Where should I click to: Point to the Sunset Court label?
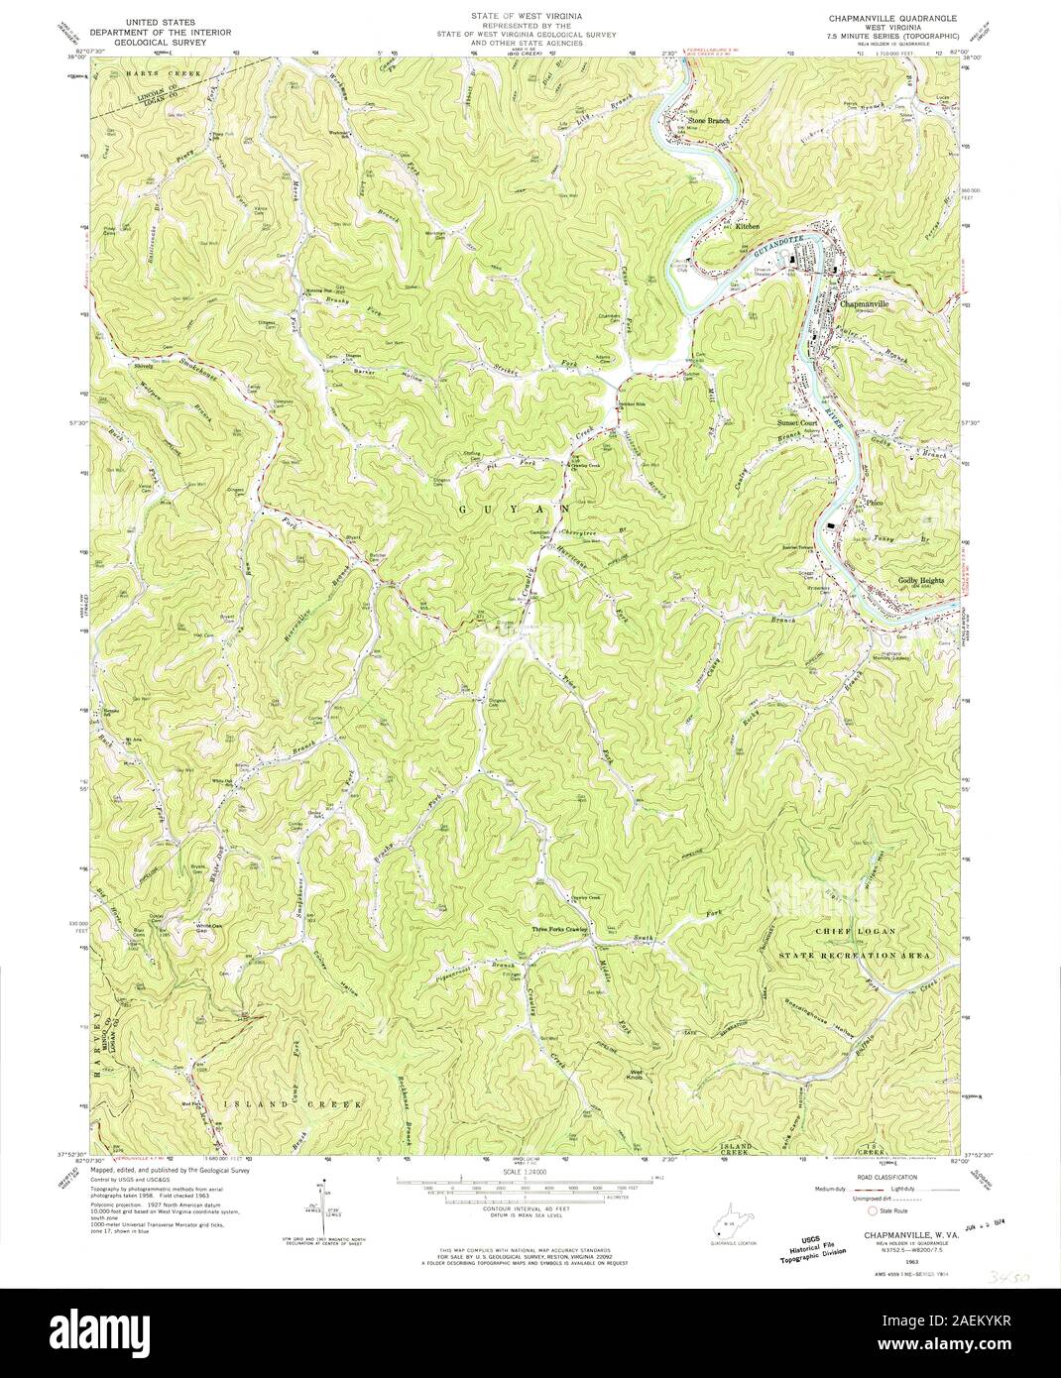click(795, 422)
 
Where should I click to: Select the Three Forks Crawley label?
click(562, 929)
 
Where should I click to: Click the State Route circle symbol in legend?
click(873, 1210)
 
